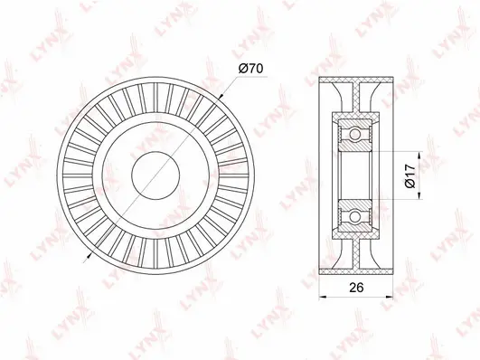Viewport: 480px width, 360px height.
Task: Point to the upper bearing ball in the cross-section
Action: pyautogui.click(x=356, y=133)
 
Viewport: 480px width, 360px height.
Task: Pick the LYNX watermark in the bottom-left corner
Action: pyautogui.click(x=20, y=329)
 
